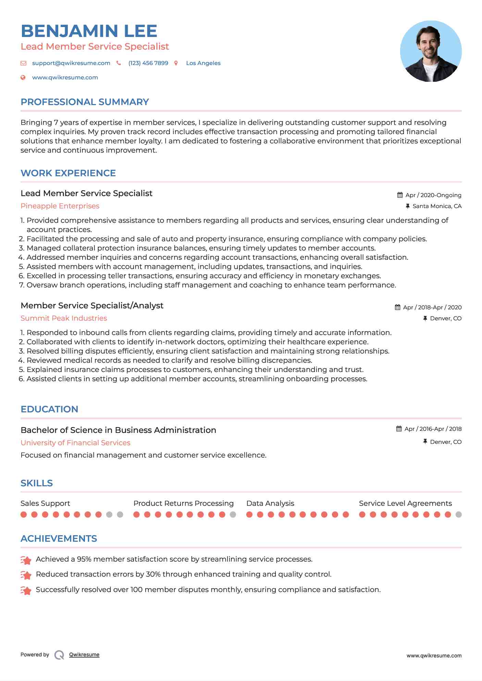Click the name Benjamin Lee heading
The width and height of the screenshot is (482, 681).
pyautogui.click(x=89, y=31)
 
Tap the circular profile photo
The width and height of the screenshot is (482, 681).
pyautogui.click(x=431, y=51)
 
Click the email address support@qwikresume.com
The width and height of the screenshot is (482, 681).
pyautogui.click(x=71, y=63)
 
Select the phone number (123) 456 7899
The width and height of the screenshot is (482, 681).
pyautogui.click(x=148, y=63)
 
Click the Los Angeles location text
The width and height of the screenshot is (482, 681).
pyautogui.click(x=203, y=63)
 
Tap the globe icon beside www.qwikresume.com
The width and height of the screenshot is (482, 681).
pyautogui.click(x=23, y=77)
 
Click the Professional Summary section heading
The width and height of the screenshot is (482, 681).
pyautogui.click(x=85, y=102)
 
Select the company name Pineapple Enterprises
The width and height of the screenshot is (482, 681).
pyautogui.click(x=60, y=206)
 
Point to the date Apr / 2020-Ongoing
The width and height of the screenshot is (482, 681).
pyautogui.click(x=433, y=195)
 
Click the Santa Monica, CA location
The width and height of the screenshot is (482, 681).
pyautogui.click(x=437, y=206)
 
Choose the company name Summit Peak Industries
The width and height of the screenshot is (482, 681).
pyautogui.click(x=64, y=318)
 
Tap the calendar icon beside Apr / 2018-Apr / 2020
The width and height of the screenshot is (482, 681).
pyautogui.click(x=397, y=307)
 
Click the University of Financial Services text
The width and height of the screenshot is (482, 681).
pyautogui.click(x=75, y=443)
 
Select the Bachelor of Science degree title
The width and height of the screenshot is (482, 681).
pyautogui.click(x=118, y=430)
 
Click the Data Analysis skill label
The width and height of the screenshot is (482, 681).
pyautogui.click(x=270, y=503)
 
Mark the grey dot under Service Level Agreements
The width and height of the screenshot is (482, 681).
pyautogui.click(x=459, y=514)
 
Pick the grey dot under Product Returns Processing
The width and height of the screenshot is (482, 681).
pyautogui.click(x=233, y=514)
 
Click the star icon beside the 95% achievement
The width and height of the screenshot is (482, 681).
pyautogui.click(x=26, y=560)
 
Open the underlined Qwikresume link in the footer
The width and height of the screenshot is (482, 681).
pyautogui.click(x=84, y=655)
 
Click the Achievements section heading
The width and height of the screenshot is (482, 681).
pyautogui.click(x=59, y=539)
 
